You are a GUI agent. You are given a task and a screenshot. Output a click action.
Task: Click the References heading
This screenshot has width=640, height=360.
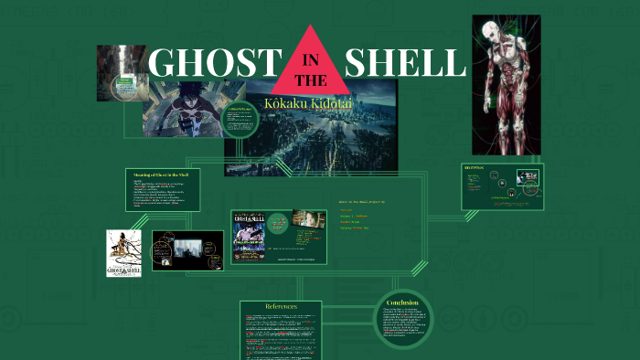(x=281, y=307)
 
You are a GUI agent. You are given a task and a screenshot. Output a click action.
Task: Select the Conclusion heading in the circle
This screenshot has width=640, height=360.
(x=402, y=302)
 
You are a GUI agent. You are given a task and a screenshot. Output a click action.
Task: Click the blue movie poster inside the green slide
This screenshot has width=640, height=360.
(x=249, y=238)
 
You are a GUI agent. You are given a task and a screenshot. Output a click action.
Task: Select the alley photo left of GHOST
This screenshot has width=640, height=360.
(x=116, y=64)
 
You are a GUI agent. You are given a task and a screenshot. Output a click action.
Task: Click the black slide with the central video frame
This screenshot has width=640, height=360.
(x=187, y=249)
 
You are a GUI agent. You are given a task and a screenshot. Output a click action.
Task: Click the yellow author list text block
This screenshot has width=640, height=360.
(x=357, y=215)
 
